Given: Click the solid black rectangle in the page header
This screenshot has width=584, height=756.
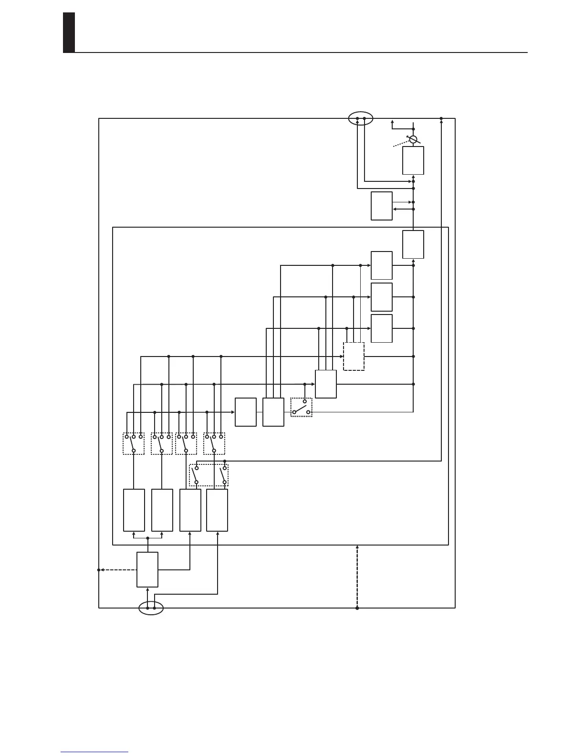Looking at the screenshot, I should click(69, 32).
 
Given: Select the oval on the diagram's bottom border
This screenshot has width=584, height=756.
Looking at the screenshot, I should click(151, 608).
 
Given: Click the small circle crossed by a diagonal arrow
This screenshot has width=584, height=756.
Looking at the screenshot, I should click(413, 139).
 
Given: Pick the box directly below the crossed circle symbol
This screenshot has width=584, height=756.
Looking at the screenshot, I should click(413, 160).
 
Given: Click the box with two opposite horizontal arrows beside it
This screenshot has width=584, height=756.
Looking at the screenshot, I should click(382, 206).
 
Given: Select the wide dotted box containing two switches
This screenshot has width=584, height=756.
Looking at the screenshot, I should click(209, 475).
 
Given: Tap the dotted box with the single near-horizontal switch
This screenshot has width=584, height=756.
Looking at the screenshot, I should click(302, 407).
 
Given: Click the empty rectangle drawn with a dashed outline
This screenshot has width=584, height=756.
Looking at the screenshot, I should click(354, 356).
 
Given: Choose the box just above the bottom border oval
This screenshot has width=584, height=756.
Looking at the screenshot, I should click(147, 569).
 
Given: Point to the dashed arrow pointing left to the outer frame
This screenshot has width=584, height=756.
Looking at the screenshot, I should click(117, 570).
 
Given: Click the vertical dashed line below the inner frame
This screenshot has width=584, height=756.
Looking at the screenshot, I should click(357, 576).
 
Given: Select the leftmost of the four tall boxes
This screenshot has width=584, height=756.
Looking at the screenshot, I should click(134, 510).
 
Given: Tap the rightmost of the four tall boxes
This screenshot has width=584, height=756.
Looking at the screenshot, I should click(217, 510).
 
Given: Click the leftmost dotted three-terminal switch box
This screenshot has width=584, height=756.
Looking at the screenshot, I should click(134, 443).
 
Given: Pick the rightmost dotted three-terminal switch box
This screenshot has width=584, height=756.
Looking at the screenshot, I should click(214, 443).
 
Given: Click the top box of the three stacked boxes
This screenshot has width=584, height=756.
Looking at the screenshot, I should click(382, 265).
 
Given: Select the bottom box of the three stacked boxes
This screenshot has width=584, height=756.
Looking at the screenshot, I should click(382, 328).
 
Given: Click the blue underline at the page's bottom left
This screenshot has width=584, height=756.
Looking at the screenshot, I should click(94, 752).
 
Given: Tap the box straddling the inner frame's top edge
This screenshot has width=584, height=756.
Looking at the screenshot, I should click(413, 244).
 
